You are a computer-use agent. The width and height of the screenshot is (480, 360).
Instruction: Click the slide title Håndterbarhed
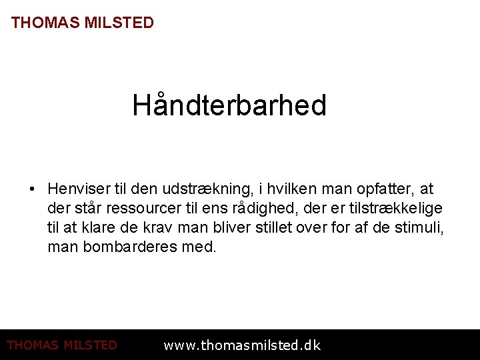229,105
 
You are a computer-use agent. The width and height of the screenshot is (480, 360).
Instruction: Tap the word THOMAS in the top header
44,23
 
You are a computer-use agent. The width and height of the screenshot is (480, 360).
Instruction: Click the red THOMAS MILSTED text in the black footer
62,345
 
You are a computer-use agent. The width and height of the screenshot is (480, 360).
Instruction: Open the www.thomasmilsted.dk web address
242,345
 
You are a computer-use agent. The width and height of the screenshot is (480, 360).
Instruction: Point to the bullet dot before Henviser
33,190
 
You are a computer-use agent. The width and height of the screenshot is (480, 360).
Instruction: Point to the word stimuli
419,228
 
